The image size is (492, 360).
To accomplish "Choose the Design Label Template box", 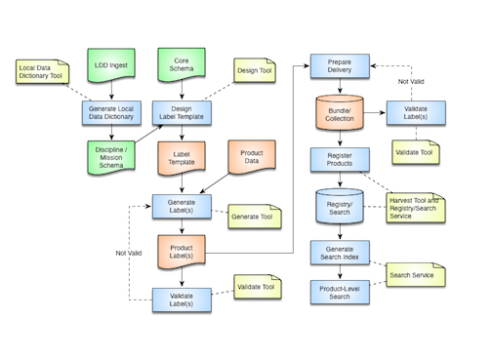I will tap(182, 111).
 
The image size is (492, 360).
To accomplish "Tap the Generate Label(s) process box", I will tap(182, 205).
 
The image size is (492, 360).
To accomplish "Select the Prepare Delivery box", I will tap(339, 66).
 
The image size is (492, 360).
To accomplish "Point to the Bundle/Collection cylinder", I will tap(339, 111).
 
